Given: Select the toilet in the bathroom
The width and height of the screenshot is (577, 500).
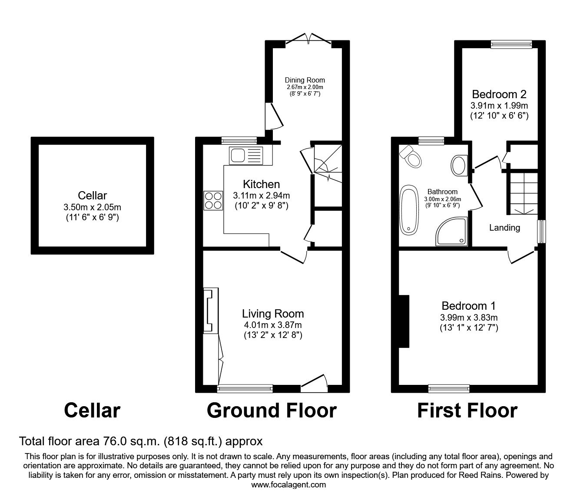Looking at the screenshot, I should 411,156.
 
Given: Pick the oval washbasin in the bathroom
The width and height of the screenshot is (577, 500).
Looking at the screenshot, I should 458,166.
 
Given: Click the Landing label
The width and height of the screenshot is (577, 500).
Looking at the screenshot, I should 504,228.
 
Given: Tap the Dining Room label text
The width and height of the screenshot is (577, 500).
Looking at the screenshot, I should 305,80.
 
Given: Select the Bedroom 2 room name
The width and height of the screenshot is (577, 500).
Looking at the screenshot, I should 499,94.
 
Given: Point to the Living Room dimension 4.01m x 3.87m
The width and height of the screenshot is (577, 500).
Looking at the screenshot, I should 273,325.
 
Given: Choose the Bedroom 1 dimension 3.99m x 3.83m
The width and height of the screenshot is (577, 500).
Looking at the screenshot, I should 468,317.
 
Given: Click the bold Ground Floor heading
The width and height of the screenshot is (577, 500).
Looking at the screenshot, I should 272,411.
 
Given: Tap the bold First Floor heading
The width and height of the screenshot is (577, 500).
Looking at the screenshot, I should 467,411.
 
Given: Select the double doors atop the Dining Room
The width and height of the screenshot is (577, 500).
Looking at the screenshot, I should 308,39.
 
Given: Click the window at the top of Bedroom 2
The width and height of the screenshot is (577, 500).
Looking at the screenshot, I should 511,43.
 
